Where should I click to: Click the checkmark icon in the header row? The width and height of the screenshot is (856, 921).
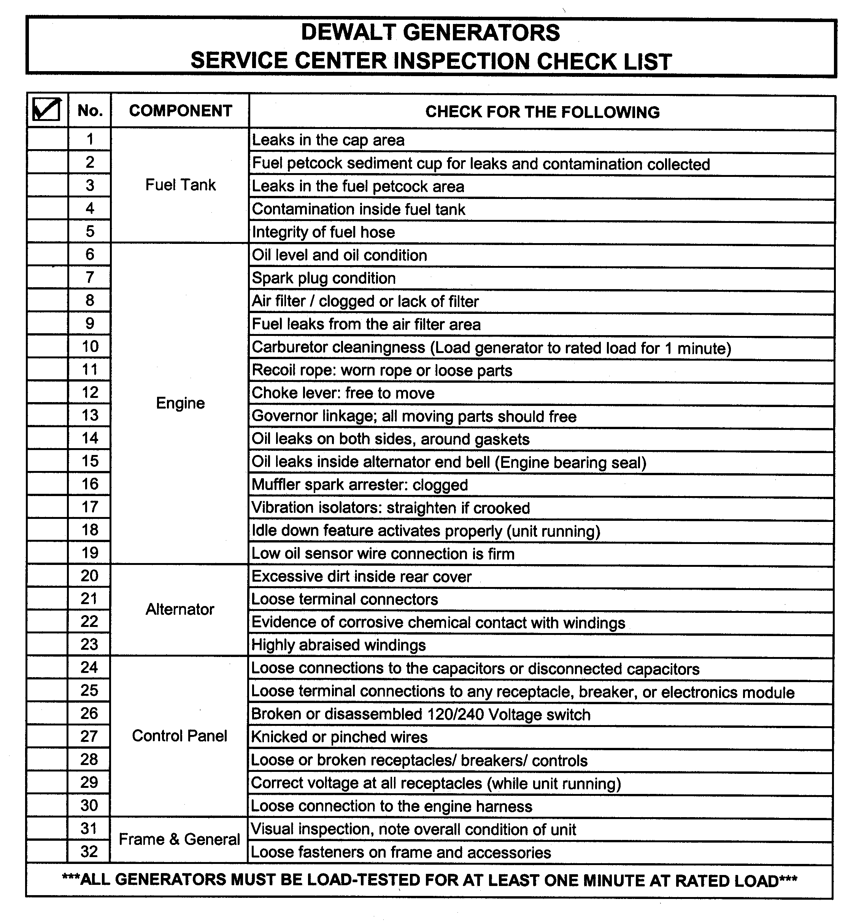pos(47,110)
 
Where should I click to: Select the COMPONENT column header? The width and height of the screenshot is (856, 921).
pos(180,111)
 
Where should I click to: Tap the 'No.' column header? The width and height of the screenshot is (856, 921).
pos(90,111)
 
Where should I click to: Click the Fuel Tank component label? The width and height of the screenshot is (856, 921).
pos(180,185)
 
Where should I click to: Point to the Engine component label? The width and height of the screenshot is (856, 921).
pos(180,403)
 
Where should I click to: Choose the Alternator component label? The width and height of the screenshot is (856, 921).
pos(180,609)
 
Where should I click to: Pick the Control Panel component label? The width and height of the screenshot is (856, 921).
pos(179,736)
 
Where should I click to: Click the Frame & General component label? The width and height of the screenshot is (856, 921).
pos(179,839)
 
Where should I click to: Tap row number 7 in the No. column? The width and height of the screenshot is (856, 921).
pos(90,277)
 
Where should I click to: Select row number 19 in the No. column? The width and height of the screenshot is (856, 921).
pos(90,552)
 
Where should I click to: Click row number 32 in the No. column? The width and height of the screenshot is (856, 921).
pos(89,851)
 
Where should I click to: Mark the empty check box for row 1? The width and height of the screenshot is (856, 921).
pos(48,139)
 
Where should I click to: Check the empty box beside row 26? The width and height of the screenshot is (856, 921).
pos(47,713)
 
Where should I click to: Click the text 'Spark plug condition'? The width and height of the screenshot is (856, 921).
pos(323,278)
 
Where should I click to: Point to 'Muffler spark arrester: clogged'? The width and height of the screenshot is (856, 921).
pos(359,485)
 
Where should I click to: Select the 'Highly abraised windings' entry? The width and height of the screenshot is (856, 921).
pos(338,645)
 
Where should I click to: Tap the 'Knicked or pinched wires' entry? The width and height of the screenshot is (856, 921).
pos(339,736)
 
